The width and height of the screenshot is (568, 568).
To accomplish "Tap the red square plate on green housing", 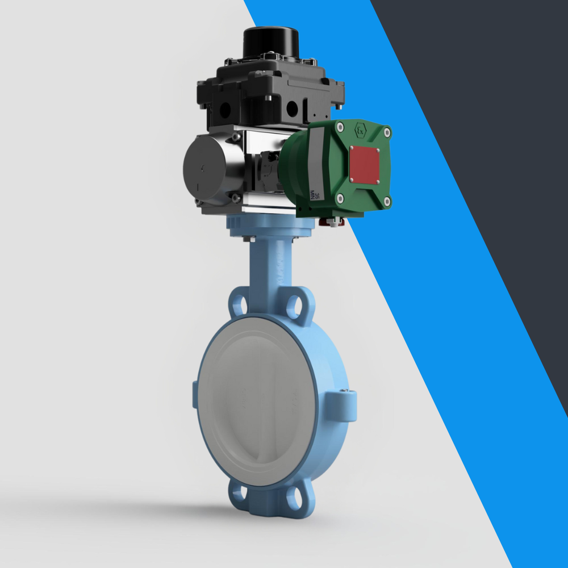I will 364,164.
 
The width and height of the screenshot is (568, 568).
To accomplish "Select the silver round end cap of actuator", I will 205,169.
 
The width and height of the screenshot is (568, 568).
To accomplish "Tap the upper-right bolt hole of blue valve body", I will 294,307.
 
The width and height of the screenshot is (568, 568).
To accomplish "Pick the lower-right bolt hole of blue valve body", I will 294,498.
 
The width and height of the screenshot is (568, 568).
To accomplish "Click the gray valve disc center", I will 258,403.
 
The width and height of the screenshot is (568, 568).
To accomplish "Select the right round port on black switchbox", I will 293,108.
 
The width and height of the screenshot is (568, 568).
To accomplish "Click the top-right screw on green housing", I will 387,133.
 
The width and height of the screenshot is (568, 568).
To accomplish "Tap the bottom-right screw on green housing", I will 387,201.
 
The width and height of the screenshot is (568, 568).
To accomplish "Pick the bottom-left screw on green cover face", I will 340,199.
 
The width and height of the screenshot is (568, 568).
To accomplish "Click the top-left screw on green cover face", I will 340,128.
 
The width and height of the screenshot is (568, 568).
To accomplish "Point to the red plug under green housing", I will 335,223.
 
